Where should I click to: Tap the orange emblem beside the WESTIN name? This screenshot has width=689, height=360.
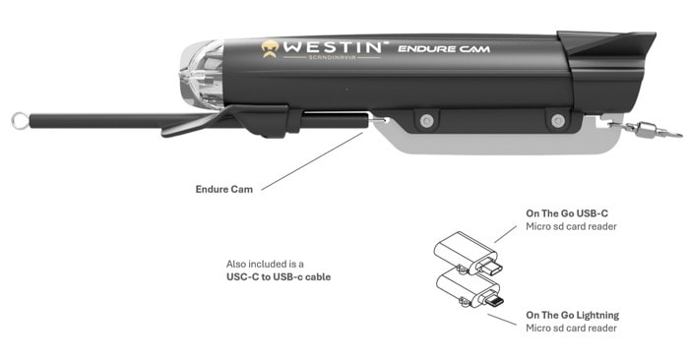[x=271, y=47]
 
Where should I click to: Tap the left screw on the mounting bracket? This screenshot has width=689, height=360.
[x=425, y=119]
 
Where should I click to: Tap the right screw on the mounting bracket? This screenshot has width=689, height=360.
[x=558, y=121]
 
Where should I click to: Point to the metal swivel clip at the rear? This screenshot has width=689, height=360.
[x=637, y=126]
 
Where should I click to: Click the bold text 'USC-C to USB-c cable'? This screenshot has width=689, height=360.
[x=279, y=277]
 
